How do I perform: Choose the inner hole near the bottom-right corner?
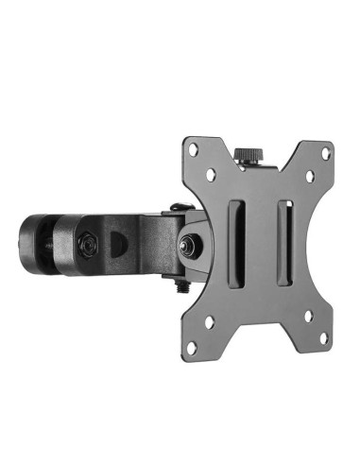[x=308, y=316]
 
